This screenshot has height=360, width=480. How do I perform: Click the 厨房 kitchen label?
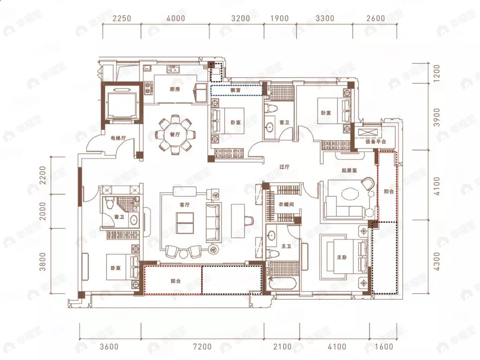pyautogui.click(x=175, y=89)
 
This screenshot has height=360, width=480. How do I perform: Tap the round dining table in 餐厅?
pyautogui.click(x=175, y=134)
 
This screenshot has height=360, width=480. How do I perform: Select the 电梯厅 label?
pyautogui.click(x=118, y=138)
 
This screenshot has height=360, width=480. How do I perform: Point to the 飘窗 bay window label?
pyautogui.click(x=235, y=90)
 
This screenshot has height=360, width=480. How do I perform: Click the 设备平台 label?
pyautogui.click(x=376, y=142)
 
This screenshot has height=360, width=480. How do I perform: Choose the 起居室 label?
pyautogui.click(x=349, y=170)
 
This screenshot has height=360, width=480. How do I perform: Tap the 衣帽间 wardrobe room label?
pyautogui.click(x=286, y=204)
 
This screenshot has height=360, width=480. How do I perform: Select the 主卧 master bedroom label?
pyautogui.click(x=342, y=258)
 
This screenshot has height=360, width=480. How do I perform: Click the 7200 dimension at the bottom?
pyautogui.click(x=202, y=347)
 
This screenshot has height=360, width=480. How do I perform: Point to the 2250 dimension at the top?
pyautogui.click(x=122, y=19)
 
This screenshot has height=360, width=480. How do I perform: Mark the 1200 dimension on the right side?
pyautogui.click(x=436, y=73)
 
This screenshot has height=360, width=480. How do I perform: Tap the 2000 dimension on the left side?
pyautogui.click(x=43, y=211)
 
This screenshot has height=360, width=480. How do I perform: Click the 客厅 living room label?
pyautogui.click(x=184, y=205)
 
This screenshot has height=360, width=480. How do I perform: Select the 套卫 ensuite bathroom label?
pyautogui.click(x=119, y=217)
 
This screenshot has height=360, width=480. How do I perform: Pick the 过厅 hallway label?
pyautogui.click(x=284, y=167)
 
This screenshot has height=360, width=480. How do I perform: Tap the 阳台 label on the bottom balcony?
pyautogui.click(x=176, y=281)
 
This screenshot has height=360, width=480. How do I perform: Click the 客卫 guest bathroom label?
pyautogui.click(x=284, y=122)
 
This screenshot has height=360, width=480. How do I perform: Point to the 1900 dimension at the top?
pyautogui.click(x=279, y=19)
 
